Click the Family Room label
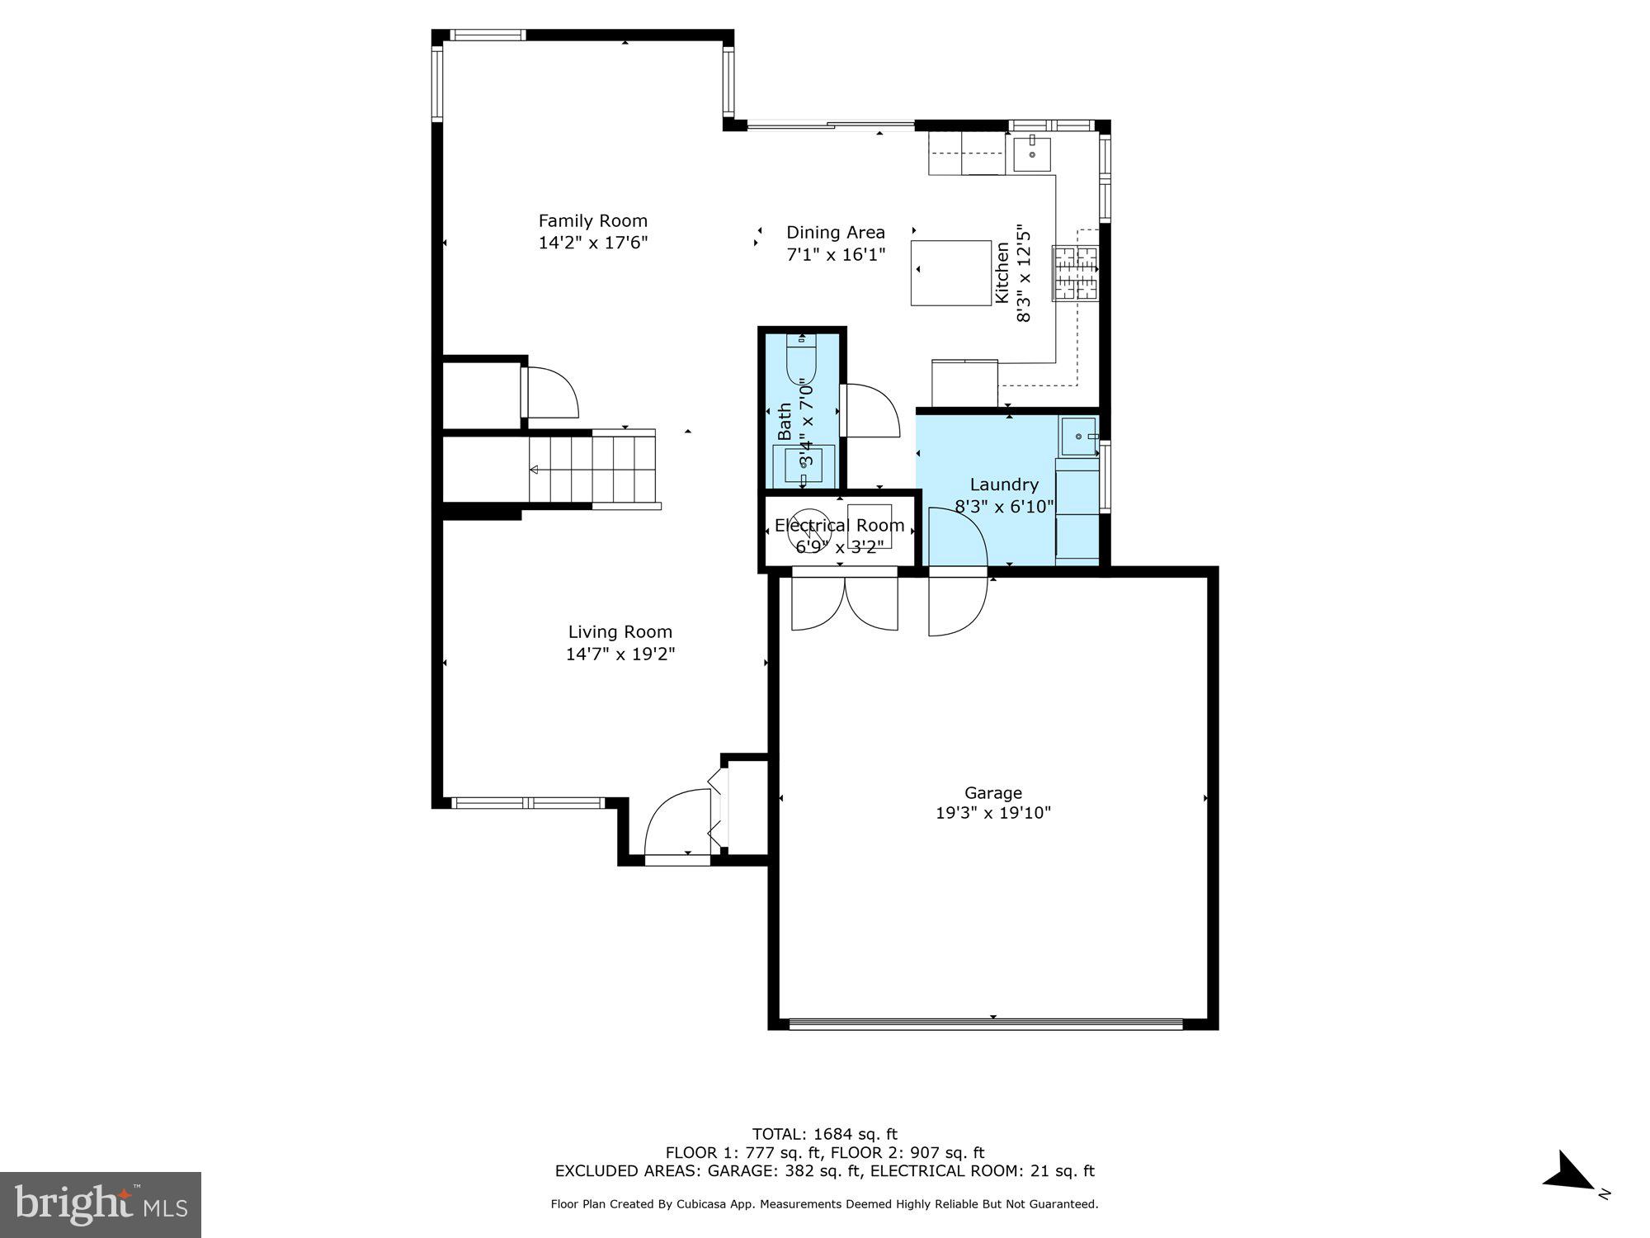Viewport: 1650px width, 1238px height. coord(592,220)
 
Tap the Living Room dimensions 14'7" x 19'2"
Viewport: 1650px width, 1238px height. coord(620,654)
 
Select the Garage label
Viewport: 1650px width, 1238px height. coord(992,793)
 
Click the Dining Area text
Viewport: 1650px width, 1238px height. coord(835,233)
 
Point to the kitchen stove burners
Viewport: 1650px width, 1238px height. coord(1075,272)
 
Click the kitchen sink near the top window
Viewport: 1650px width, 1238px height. coord(1031,154)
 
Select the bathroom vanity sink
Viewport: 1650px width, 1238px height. coord(803,465)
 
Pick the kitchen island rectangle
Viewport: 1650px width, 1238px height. coord(950,272)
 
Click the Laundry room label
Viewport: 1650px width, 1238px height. coord(1003,484)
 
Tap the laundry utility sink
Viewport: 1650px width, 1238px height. coord(1078,437)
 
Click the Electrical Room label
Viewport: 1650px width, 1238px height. coord(839,526)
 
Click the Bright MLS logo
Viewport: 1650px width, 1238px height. coord(101,1205)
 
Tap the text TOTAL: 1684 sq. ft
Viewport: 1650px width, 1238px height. coord(824,1134)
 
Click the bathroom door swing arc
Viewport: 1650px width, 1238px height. coord(870,410)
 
